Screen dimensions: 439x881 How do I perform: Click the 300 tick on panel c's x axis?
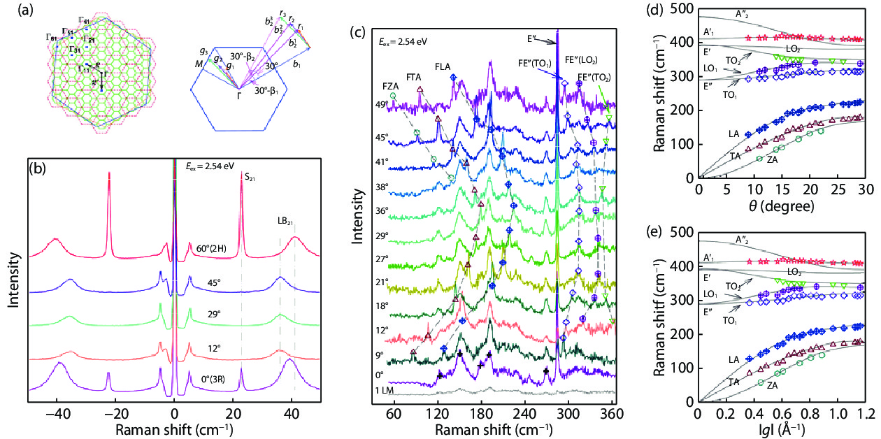pos(568,413)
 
